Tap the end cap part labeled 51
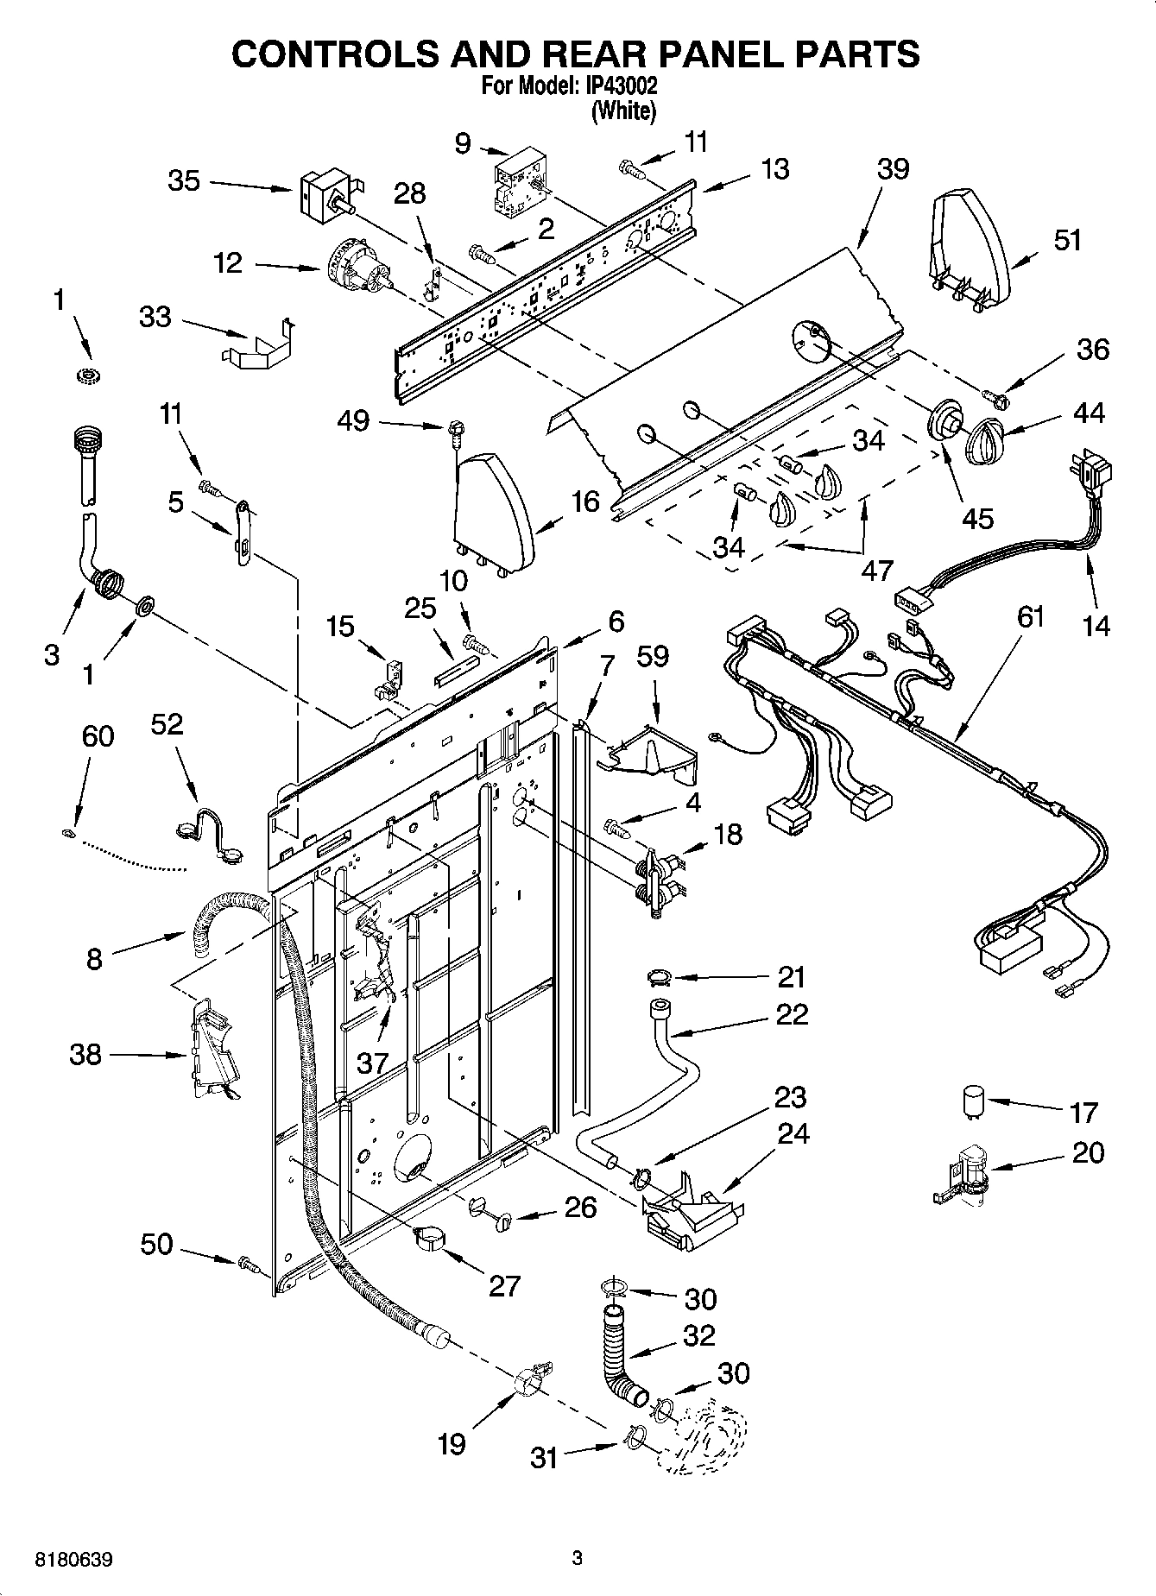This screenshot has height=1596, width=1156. point(969,251)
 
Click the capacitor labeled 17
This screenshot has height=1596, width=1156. point(973,1103)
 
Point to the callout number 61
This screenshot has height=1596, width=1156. point(1031,617)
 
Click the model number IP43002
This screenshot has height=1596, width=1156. point(622,87)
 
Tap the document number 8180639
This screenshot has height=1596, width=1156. point(73,1560)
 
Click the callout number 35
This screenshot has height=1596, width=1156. point(184,181)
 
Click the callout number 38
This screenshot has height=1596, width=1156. point(85,1054)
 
